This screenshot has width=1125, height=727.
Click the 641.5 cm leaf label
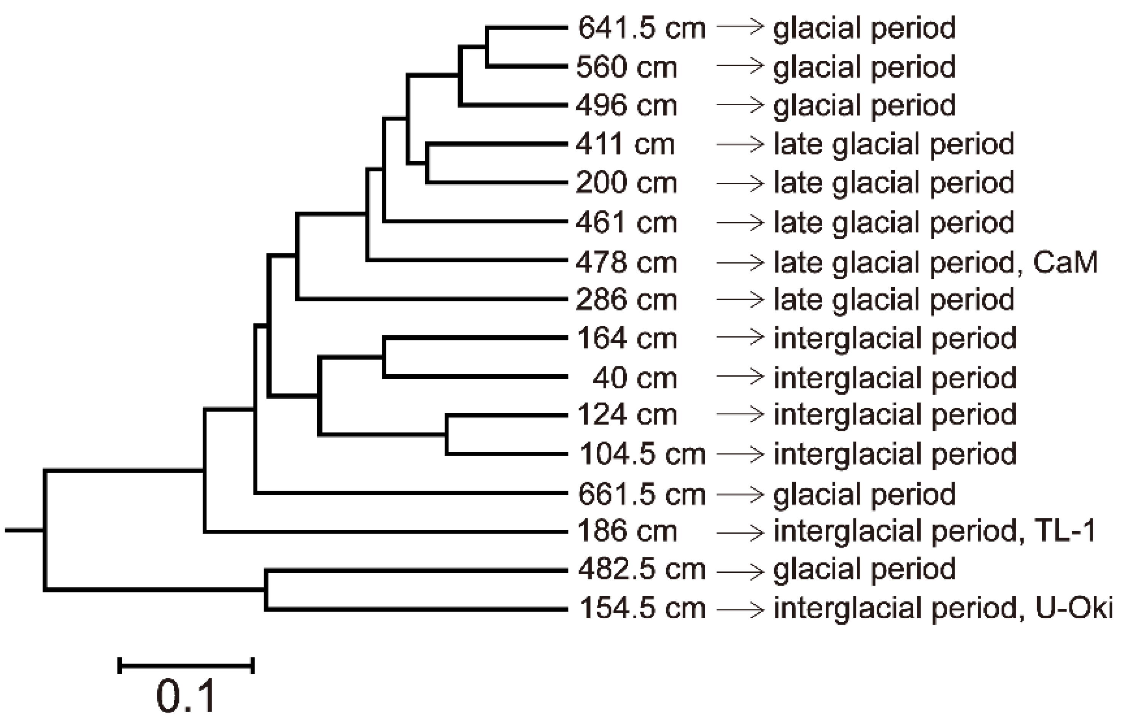[x=641, y=29]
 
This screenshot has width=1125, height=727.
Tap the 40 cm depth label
[x=634, y=378]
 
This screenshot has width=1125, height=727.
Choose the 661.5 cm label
[x=641, y=494]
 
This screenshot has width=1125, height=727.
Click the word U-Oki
[x=1074, y=608]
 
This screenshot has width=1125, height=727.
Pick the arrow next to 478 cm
[x=740, y=263]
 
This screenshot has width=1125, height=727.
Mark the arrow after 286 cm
[x=740, y=299]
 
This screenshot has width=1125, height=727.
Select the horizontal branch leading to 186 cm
[x=385, y=532]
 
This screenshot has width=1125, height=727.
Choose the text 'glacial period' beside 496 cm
[x=864, y=105]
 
